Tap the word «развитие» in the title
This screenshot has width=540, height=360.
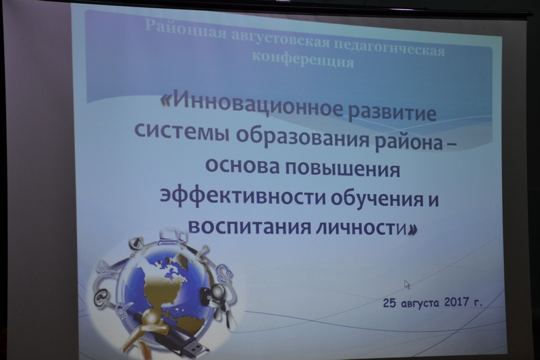(x=393, y=111)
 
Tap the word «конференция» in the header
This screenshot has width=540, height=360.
(x=303, y=60)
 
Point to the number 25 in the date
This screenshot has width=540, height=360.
(x=389, y=303)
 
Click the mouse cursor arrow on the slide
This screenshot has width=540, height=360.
(x=407, y=284)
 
